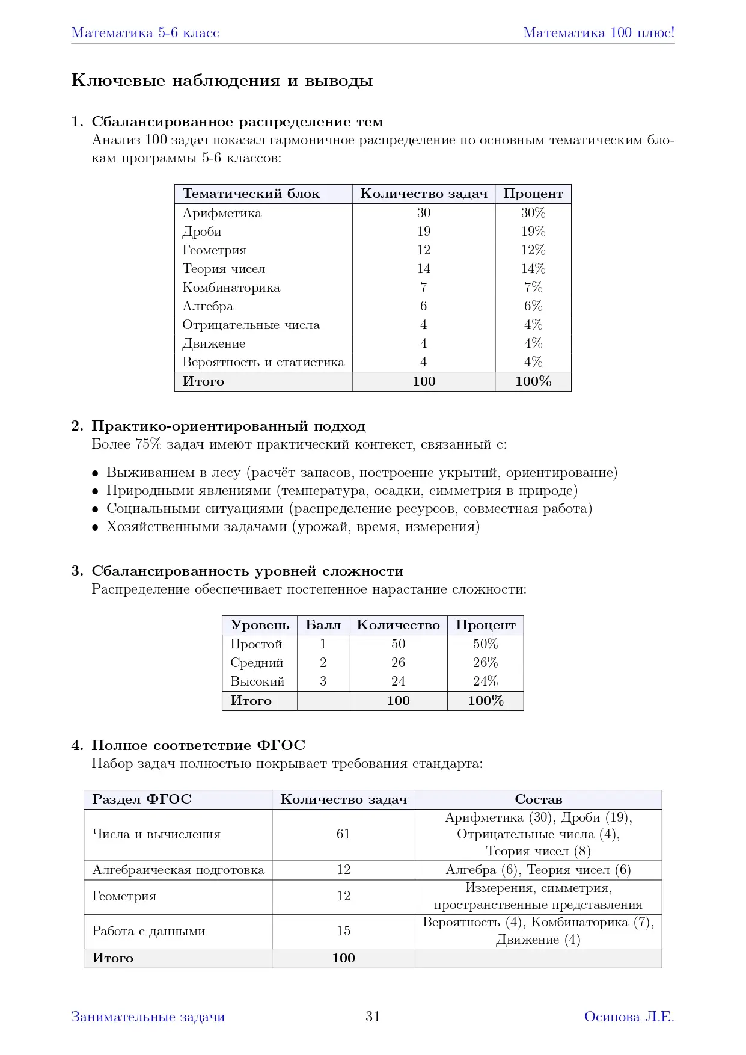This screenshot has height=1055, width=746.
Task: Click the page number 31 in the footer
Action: pos(373,1017)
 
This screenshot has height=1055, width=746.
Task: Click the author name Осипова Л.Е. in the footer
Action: pos(629,1017)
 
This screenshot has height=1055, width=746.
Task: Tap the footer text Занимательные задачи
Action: pos(148,1017)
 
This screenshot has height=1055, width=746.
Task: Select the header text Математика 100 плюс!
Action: pos(598,32)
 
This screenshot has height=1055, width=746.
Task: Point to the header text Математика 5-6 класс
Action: pos(145,32)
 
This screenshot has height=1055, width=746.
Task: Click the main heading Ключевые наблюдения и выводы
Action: pos(222,81)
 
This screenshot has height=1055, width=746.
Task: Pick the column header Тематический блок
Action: pos(251,194)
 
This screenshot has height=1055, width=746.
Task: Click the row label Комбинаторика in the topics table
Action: pos(231,288)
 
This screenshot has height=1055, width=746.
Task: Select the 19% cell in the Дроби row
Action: pos(533,232)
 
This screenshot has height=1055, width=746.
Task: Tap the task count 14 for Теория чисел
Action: pos(424,269)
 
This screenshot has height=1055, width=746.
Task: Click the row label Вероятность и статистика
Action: pos(263,362)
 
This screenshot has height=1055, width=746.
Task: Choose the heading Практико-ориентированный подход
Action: pos(228,426)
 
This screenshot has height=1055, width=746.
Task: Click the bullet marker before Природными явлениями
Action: pos(95,491)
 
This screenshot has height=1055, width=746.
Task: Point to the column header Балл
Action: pos(323,625)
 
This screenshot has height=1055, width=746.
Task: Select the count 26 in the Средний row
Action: pos(398,663)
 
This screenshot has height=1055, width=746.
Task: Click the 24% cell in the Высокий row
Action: pos(485,681)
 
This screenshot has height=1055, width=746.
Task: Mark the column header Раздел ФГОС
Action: pos(141,799)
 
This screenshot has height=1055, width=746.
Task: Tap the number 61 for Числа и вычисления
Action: pos(343,834)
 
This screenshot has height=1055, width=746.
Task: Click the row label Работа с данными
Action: pos(148,931)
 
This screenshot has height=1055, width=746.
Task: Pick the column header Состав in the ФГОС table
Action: pos(538,799)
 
